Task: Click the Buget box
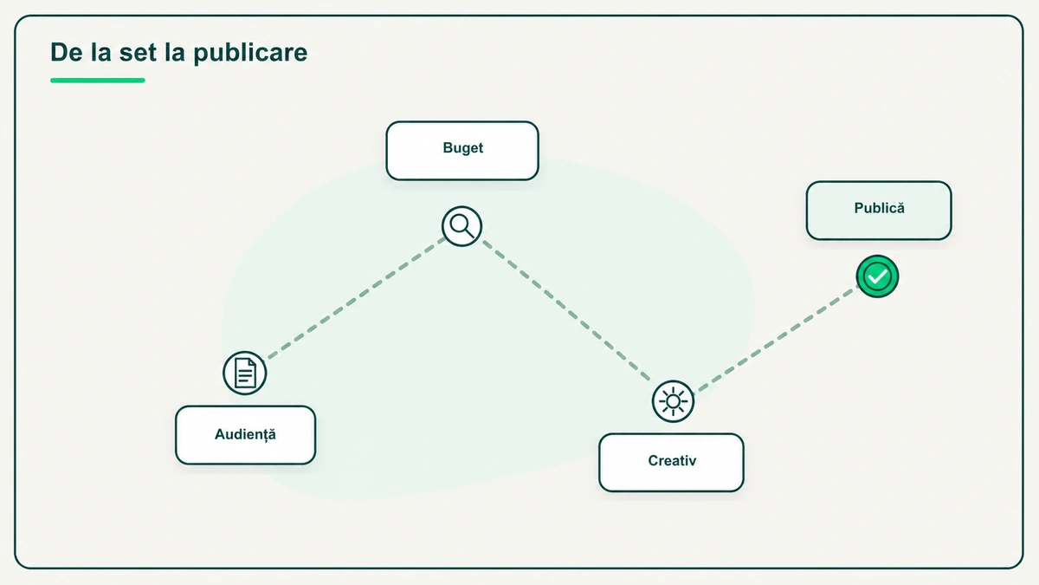coord(462,151)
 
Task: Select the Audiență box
coord(245,435)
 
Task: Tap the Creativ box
coord(671,463)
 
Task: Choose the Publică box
coord(879,211)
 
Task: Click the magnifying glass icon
coord(461,226)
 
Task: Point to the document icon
coord(245,373)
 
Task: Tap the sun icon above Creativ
coord(673,401)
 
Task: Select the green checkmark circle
coord(877,276)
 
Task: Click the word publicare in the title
coord(250,53)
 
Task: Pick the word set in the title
coord(138,52)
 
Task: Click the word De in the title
coord(67,52)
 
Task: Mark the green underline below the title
coord(97,81)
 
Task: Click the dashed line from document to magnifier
coord(356,299)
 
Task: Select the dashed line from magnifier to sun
coord(566,310)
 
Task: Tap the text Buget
coord(463,147)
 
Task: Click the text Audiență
coord(245,434)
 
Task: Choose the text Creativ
coord(672,460)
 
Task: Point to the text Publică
coord(880,207)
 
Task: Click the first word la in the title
coord(100,52)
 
